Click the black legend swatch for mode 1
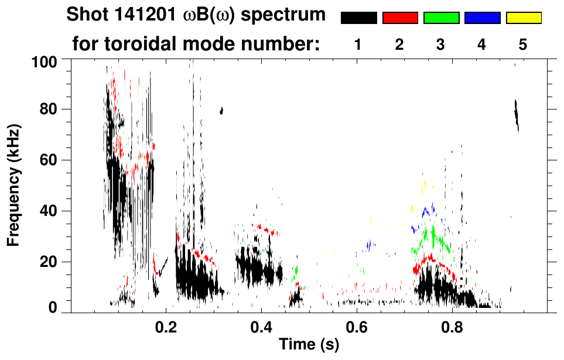[358, 18]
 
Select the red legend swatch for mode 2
[400, 18]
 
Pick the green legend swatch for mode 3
[441, 18]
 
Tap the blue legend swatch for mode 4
[482, 18]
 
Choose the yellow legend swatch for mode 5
[524, 18]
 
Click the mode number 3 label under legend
[441, 44]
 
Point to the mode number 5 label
[524, 44]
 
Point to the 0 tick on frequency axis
[52, 307]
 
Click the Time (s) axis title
[308, 345]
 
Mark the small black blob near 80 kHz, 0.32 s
[221, 110]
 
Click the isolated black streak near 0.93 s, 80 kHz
[517, 116]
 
